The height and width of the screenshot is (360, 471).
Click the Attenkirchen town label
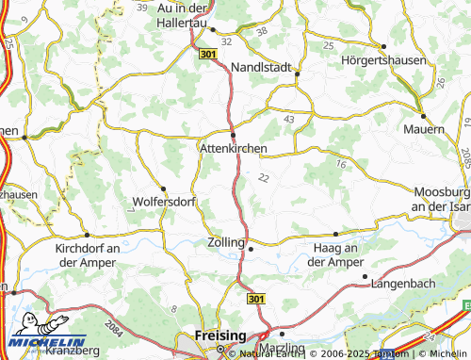(x=234, y=149)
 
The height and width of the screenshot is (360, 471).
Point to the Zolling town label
(x=225, y=242)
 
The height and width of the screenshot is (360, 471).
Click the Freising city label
(x=219, y=335)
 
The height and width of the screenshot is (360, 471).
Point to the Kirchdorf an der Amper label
(x=88, y=254)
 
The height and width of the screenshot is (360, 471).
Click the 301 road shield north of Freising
(x=255, y=299)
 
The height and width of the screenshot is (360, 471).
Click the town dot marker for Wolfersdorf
(x=163, y=188)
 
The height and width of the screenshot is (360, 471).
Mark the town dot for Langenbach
(x=365, y=276)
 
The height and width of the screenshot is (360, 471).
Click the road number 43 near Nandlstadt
(x=288, y=119)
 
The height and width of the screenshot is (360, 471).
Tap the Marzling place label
(x=284, y=349)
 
